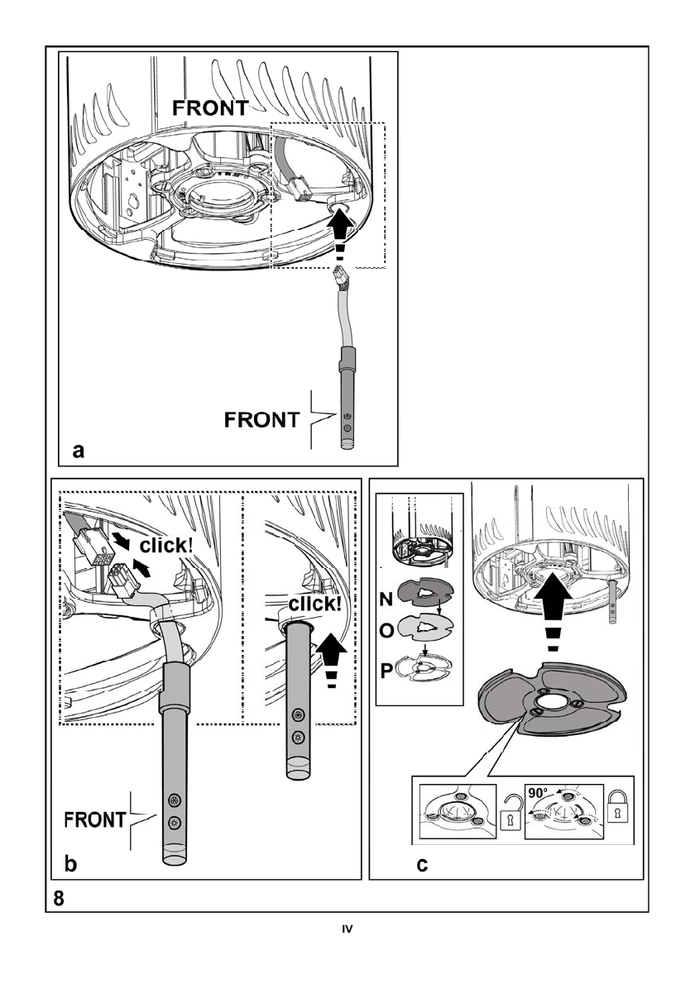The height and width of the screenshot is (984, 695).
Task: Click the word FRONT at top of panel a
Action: (210, 107)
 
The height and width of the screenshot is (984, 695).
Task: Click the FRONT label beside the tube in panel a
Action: (261, 420)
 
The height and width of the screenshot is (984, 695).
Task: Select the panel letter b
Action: (71, 865)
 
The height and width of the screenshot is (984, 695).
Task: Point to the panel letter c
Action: (423, 865)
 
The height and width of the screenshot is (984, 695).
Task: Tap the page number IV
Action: (347, 929)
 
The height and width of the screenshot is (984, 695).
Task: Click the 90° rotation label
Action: (539, 792)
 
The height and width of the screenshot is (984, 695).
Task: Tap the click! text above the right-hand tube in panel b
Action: (314, 604)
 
